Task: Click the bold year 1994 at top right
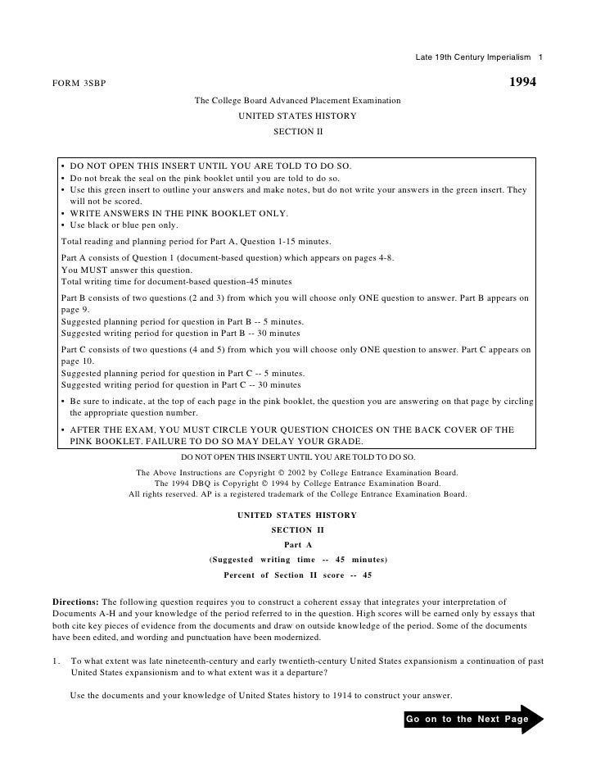522,84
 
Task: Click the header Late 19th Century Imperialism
473,56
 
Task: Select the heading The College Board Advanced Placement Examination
297,101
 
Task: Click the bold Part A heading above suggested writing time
297,544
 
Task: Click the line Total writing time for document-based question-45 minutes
177,281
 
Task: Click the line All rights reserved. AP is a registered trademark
298,495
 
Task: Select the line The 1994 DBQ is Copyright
298,484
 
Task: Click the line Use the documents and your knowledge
260,695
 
